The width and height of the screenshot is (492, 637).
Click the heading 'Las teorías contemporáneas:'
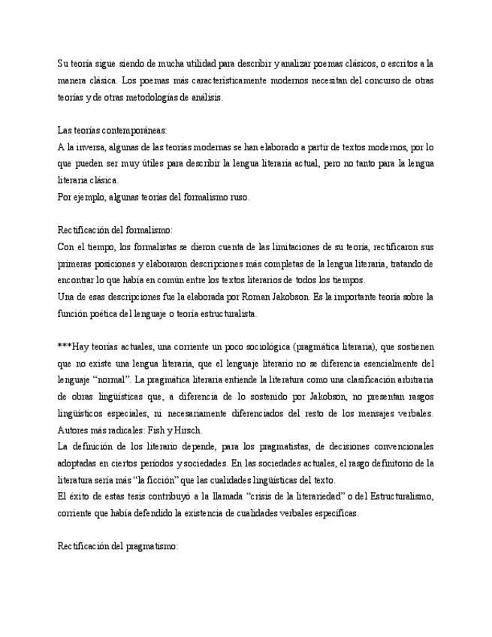click(x=113, y=130)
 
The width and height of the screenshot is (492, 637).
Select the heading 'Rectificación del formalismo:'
click(x=115, y=230)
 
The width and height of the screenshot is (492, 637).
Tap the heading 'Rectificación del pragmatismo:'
click(x=118, y=547)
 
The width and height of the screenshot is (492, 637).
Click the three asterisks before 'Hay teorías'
click(x=64, y=347)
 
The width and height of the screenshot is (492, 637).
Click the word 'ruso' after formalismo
click(x=239, y=197)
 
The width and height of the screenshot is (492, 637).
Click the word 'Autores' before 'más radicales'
click(x=74, y=430)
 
